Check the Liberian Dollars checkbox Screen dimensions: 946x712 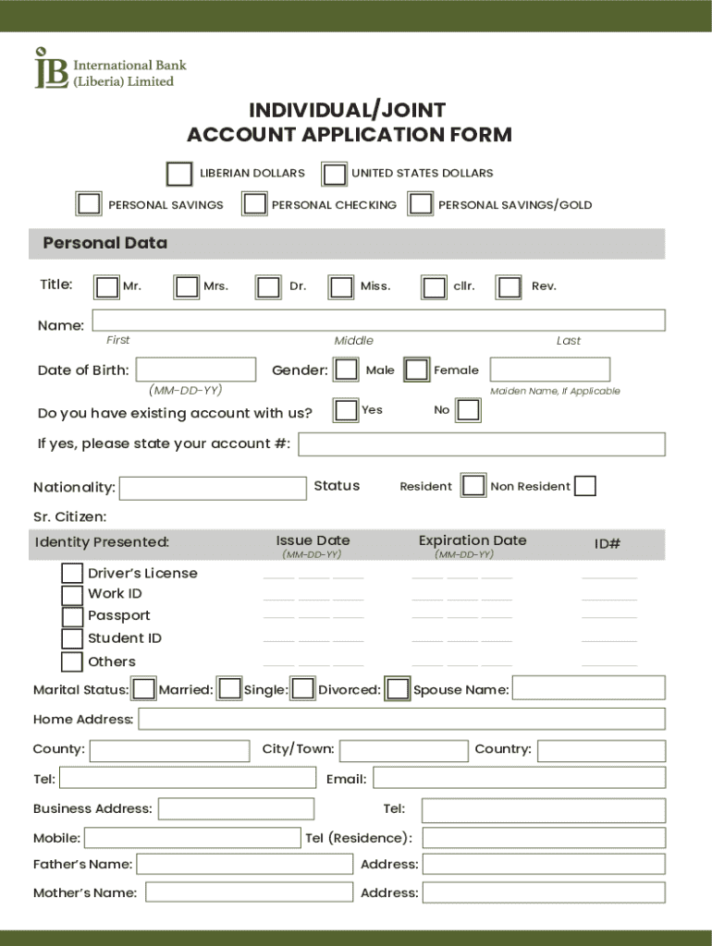click(179, 174)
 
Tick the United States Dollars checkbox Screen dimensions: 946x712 click(334, 174)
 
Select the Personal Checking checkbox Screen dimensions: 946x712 click(254, 204)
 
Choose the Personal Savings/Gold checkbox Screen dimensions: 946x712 click(421, 204)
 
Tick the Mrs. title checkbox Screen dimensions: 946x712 click(187, 287)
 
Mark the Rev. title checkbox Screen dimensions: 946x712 click(509, 287)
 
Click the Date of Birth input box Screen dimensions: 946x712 click(196, 370)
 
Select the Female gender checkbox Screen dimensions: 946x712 click(417, 370)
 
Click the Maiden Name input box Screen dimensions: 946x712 click(549, 370)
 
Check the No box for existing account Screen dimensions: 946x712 click(469, 410)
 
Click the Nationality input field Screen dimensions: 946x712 click(213, 488)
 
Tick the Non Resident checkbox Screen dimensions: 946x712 click(584, 486)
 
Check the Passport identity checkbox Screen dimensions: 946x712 click(72, 617)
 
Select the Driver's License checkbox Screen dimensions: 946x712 click(72, 574)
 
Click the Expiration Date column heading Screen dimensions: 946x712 click(472, 540)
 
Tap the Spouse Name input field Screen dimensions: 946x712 click(588, 688)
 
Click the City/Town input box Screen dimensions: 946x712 click(403, 750)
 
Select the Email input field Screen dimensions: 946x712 click(519, 778)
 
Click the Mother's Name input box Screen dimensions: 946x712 click(249, 892)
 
